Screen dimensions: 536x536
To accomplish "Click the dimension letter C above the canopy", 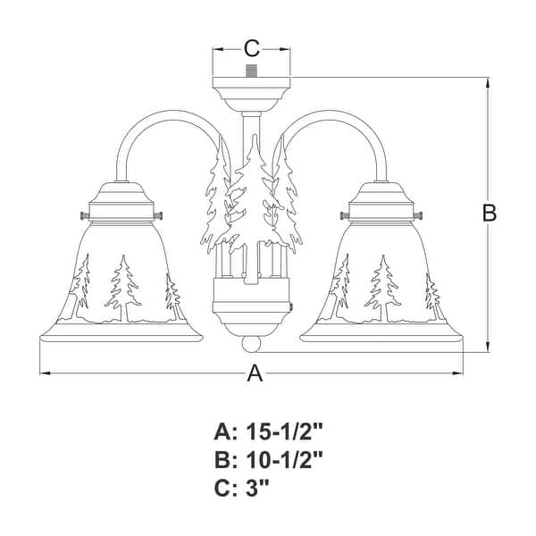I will coord(252,47).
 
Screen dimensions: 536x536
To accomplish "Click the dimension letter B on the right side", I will coord(489,214).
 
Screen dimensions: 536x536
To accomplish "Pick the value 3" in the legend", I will coord(255,490).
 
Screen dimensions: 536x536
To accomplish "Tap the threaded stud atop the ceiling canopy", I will coord(252,70).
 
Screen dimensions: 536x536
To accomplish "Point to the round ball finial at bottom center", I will coord(252,343).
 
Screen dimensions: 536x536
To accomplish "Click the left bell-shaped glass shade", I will coord(121,286).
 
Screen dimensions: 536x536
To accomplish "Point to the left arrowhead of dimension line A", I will coord(43,372).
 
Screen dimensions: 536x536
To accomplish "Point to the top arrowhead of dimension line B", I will coord(488,82).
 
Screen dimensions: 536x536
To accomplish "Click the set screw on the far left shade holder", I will coord(83,215).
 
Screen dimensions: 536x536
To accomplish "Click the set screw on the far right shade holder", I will coord(421,215).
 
